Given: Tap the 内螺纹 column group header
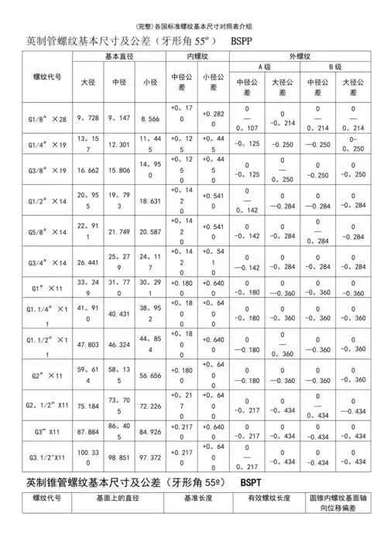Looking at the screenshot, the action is pyautogui.click(x=199, y=57).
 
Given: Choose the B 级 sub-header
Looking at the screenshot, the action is pyautogui.click(x=335, y=68).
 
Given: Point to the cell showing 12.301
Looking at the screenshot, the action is pyautogui.click(x=120, y=144).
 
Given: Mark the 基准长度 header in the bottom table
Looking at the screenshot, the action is pyautogui.click(x=183, y=500).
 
